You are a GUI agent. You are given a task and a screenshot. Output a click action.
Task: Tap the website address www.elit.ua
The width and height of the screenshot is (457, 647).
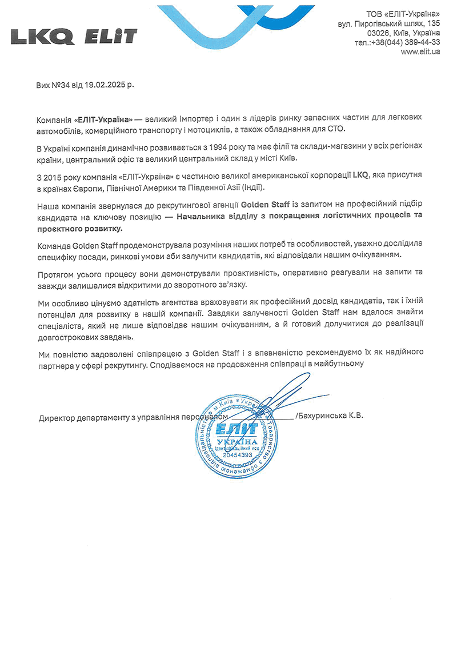click(x=420, y=51)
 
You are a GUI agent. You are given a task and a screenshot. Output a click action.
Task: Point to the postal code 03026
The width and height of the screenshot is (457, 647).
click(x=363, y=33)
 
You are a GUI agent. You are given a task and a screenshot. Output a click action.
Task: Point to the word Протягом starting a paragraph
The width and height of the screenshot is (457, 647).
click(x=54, y=274)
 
